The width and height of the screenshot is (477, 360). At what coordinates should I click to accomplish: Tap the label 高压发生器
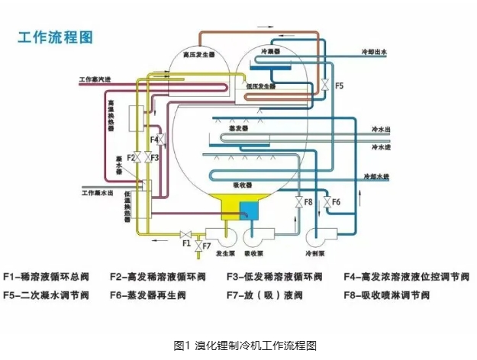coord(198,56)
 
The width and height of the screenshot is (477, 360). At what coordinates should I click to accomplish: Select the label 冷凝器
coord(272,51)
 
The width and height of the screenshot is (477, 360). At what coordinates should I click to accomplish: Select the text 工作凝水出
coord(97,193)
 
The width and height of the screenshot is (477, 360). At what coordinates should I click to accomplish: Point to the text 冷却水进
coord(376,177)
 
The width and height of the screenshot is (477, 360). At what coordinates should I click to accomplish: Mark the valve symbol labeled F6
coord(327,202)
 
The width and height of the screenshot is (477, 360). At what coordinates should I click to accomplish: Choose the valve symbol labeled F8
coord(298,203)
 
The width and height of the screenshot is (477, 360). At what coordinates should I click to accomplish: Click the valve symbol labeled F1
coord(185,233)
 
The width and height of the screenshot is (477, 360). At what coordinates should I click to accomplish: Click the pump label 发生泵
coord(224,253)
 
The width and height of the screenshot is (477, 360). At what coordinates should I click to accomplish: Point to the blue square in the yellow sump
coord(250,211)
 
